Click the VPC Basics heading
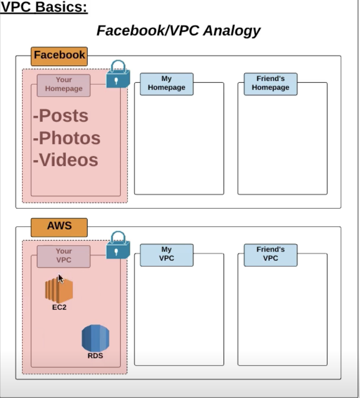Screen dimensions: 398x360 click(x=44, y=7)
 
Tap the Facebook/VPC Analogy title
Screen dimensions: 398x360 click(x=178, y=30)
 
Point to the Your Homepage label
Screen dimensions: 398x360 click(x=63, y=85)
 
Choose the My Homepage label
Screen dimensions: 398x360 click(x=167, y=84)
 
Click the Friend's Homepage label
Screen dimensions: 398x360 click(x=270, y=84)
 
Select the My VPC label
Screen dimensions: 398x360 click(x=167, y=254)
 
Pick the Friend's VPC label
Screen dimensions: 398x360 click(x=270, y=254)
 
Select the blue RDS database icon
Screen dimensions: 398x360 click(x=95, y=338)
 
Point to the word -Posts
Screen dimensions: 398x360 click(x=61, y=116)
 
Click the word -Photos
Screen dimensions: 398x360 click(x=67, y=138)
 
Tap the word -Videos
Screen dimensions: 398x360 click(x=65, y=160)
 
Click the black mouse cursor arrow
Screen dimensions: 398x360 click(x=60, y=278)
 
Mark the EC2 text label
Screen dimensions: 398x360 click(x=59, y=307)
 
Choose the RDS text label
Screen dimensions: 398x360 click(x=95, y=356)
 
